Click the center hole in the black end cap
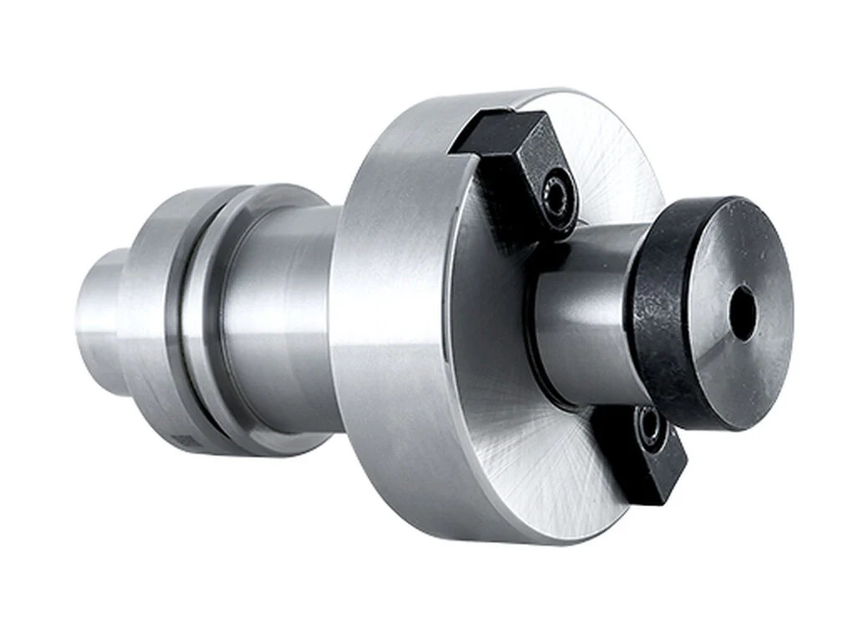pos(741,313)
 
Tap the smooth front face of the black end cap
pos(736,267)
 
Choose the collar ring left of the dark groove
pos(150,318)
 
